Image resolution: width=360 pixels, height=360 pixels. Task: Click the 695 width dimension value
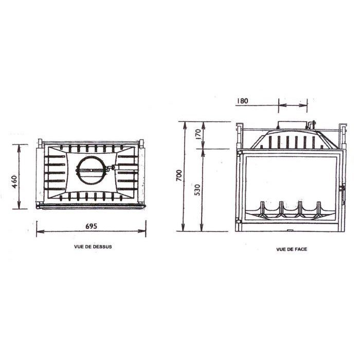point(92,226)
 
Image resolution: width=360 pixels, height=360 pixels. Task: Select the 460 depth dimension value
point(14,182)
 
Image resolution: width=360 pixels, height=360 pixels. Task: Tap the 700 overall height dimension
point(179,175)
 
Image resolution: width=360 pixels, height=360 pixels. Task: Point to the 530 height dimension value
point(197,190)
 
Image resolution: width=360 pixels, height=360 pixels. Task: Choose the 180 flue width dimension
point(242,101)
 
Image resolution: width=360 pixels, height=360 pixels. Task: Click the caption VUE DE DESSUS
point(93,247)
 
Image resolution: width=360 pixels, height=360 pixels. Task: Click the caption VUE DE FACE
point(292,249)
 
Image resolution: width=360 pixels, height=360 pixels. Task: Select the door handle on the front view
point(343,195)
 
